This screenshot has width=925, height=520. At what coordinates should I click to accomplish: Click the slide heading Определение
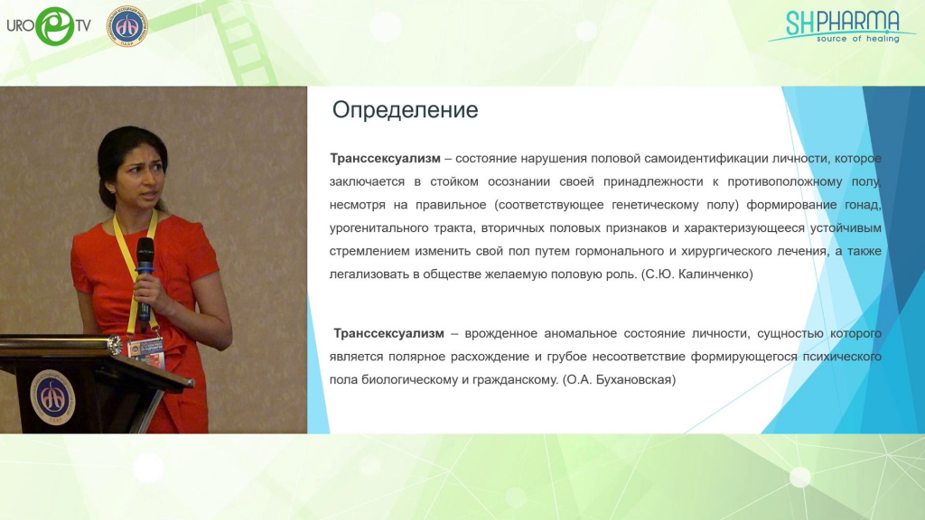[x=405, y=110]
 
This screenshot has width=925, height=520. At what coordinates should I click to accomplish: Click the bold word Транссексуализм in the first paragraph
[x=385, y=158]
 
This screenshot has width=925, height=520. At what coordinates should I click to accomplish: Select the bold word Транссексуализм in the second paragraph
[x=388, y=333]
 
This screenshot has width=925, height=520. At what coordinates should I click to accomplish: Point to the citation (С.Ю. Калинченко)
[x=696, y=274]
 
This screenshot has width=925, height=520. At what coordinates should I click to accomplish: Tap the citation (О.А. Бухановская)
[x=619, y=380]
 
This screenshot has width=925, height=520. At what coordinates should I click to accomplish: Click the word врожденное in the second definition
[x=500, y=334]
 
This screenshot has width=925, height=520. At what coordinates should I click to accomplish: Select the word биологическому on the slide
[x=410, y=380]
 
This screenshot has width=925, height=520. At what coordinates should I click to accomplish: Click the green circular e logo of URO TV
[x=55, y=26]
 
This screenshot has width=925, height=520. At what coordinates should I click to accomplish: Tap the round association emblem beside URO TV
[x=126, y=26]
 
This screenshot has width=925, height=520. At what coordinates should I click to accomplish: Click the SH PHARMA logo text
[x=842, y=23]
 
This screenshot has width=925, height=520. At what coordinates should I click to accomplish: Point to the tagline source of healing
[x=858, y=39]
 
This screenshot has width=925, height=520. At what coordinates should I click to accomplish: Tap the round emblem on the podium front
[x=52, y=397]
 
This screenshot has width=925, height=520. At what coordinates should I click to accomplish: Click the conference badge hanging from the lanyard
[x=145, y=354]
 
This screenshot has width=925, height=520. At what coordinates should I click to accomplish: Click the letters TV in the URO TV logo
[x=83, y=26]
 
